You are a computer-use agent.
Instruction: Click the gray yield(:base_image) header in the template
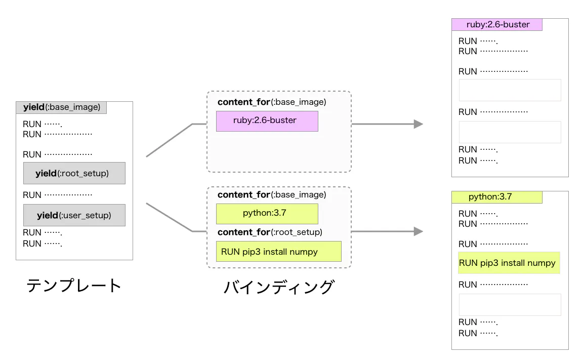61,107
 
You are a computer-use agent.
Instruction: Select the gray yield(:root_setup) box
74,173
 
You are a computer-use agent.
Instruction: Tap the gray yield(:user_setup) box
74,215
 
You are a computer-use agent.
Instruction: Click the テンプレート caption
74,286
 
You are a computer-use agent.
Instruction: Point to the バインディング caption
278,287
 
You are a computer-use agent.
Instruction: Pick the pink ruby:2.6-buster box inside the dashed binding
267,121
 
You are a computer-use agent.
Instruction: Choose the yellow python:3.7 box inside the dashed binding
267,213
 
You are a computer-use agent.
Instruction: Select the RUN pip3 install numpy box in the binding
278,252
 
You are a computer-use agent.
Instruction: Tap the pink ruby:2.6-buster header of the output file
496,24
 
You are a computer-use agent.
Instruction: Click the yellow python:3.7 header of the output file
496,197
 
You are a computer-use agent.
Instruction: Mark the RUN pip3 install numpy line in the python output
509,263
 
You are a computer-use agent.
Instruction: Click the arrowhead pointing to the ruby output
418,124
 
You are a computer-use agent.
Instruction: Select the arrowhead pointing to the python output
418,231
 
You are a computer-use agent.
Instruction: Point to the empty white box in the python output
510,305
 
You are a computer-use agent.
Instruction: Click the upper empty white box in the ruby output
510,90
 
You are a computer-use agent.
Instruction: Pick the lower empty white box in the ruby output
510,132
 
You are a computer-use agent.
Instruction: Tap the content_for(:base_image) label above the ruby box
271,102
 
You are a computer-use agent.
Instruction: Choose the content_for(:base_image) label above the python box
271,195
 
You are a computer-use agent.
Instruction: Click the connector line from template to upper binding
170,140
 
